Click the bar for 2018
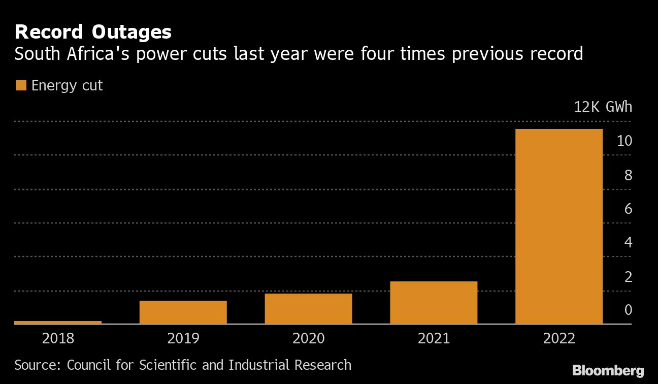point(58,322)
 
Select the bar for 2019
point(183,312)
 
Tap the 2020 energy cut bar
point(308,308)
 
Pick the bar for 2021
point(434,302)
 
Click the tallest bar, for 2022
point(558,226)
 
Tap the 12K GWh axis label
point(603,107)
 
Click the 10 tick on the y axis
point(624,141)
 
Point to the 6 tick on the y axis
point(628,209)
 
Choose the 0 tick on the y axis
point(628,310)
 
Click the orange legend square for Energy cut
point(21,85)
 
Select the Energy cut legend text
point(67,85)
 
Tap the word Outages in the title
point(131,32)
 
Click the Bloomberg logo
point(608,370)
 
